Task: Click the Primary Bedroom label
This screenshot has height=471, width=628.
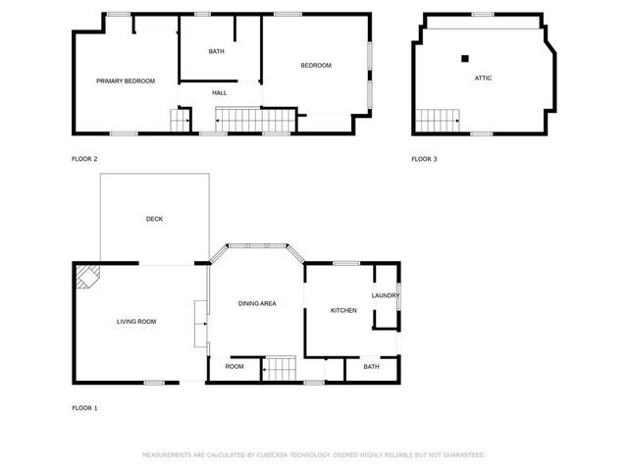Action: tap(126, 80)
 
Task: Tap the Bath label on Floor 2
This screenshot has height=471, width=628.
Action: tap(216, 51)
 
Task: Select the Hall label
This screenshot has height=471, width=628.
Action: tap(220, 93)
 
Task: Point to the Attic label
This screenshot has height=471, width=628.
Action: tap(483, 78)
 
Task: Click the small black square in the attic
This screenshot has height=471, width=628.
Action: tap(464, 59)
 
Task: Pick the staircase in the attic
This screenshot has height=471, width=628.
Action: tap(438, 121)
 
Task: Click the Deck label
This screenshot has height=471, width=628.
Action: tap(155, 219)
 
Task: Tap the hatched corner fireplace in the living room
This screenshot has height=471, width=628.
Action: tap(87, 276)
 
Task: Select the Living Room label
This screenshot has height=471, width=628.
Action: tap(136, 321)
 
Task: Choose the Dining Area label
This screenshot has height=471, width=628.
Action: tap(257, 303)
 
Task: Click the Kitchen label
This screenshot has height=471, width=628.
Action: tap(343, 310)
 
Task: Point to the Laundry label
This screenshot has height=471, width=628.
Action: tap(386, 295)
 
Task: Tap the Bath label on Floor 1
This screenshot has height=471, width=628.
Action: tap(371, 366)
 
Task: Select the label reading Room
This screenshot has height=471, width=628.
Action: tap(235, 366)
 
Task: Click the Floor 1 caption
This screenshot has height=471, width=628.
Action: tap(84, 408)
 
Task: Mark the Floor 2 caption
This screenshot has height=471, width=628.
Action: tap(84, 159)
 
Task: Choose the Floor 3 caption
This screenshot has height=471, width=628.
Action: tap(424, 159)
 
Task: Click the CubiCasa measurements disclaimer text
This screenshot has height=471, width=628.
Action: tap(314, 455)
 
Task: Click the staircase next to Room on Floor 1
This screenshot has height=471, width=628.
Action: tap(279, 369)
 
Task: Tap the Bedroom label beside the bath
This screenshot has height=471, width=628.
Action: tap(316, 66)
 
